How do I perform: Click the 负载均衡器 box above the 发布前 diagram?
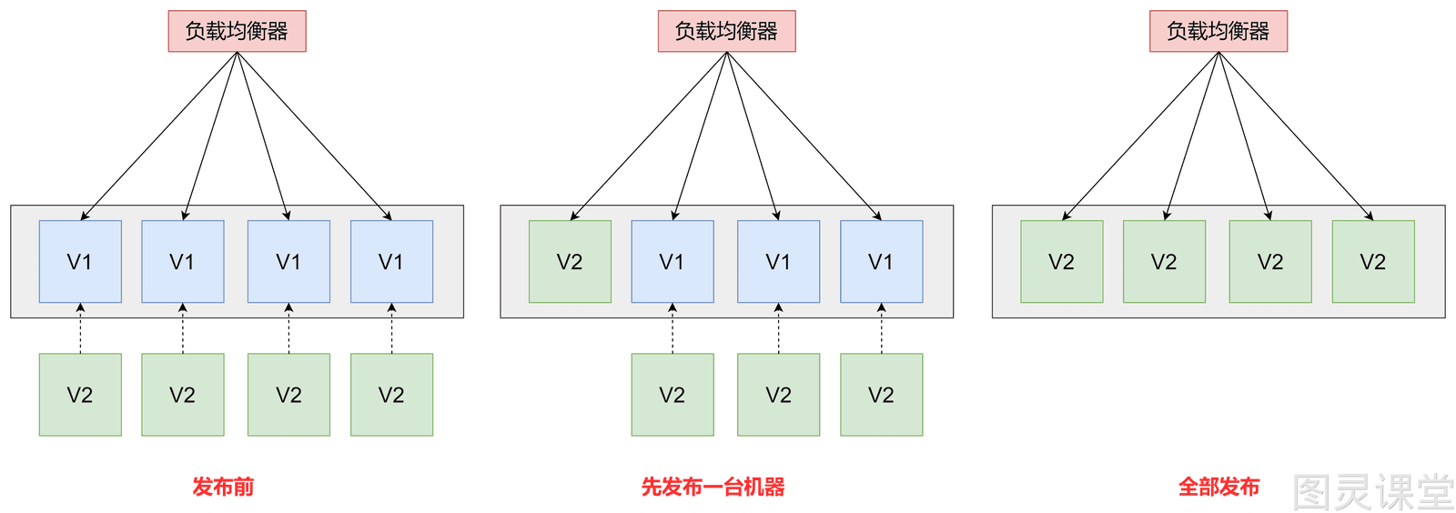pyautogui.click(x=238, y=31)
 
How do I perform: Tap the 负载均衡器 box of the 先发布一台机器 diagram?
pyautogui.click(x=727, y=31)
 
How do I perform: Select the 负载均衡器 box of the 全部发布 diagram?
pyautogui.click(x=1218, y=31)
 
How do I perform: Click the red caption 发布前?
pyautogui.click(x=223, y=487)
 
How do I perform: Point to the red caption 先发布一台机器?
pyautogui.click(x=713, y=487)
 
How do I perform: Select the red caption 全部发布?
pyautogui.click(x=1218, y=487)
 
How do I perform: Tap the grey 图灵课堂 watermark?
pyautogui.click(x=1373, y=492)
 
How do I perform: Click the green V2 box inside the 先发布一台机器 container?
pyautogui.click(x=570, y=262)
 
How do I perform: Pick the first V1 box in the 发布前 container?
pyautogui.click(x=80, y=262)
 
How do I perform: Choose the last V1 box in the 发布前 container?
pyautogui.click(x=392, y=262)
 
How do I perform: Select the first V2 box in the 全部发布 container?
pyautogui.click(x=1061, y=262)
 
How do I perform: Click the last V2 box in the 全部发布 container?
pyautogui.click(x=1373, y=262)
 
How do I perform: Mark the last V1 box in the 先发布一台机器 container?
pyautogui.click(x=882, y=262)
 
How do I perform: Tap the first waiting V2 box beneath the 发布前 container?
pyautogui.click(x=80, y=395)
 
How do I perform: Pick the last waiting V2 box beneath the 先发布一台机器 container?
pyautogui.click(x=882, y=395)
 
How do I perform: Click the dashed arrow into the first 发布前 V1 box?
pyautogui.click(x=81, y=328)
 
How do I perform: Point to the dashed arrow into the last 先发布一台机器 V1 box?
pyautogui.click(x=882, y=328)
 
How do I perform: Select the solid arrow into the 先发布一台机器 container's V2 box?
pyautogui.click(x=649, y=136)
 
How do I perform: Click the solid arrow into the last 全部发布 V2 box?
pyautogui.click(x=1296, y=136)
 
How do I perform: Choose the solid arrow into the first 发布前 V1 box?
pyautogui.click(x=158, y=136)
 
